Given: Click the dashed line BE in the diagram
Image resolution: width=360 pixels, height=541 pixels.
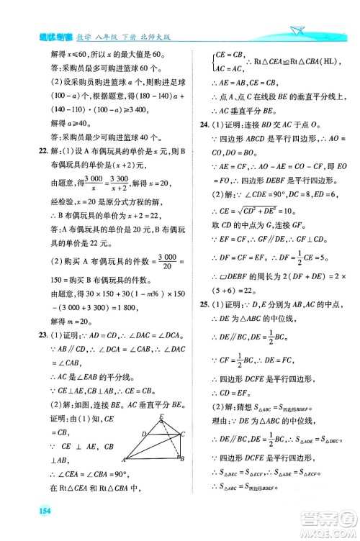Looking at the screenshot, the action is point(161,427).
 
